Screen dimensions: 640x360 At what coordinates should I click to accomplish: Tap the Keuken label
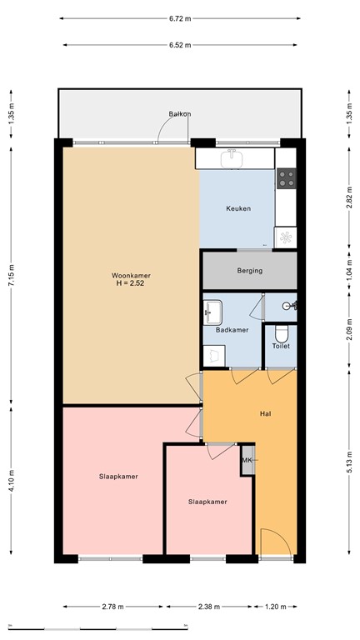coord(237,208)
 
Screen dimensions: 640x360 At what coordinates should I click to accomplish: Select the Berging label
coord(249,270)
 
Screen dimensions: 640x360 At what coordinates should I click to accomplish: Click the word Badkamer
coord(232,330)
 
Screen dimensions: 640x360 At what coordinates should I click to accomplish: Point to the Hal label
coord(266,412)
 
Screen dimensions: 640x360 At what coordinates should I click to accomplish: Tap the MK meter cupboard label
coord(247,461)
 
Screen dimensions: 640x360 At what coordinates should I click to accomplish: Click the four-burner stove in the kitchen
coord(287,177)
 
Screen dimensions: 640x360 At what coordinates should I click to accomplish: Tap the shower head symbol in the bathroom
coord(287,306)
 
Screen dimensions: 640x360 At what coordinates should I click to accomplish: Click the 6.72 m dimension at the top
coord(179,17)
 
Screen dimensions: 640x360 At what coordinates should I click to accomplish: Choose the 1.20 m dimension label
coord(277,607)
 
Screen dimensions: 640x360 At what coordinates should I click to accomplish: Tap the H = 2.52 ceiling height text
coord(131,284)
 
